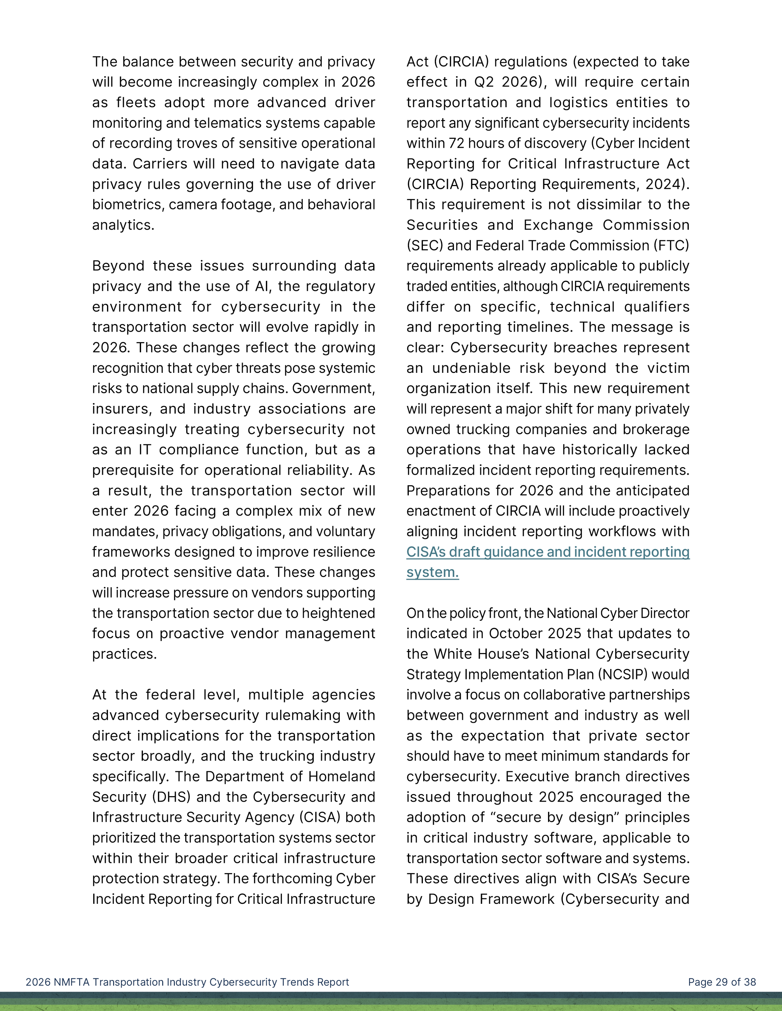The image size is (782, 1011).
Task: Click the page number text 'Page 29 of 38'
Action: pos(722,982)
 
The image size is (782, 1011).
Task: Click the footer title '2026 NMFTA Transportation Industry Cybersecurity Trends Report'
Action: pos(187,982)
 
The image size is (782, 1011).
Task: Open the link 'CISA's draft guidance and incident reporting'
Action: pos(548,552)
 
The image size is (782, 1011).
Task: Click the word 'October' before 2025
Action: pos(519,633)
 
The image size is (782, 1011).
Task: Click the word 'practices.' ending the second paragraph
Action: pos(124,654)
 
